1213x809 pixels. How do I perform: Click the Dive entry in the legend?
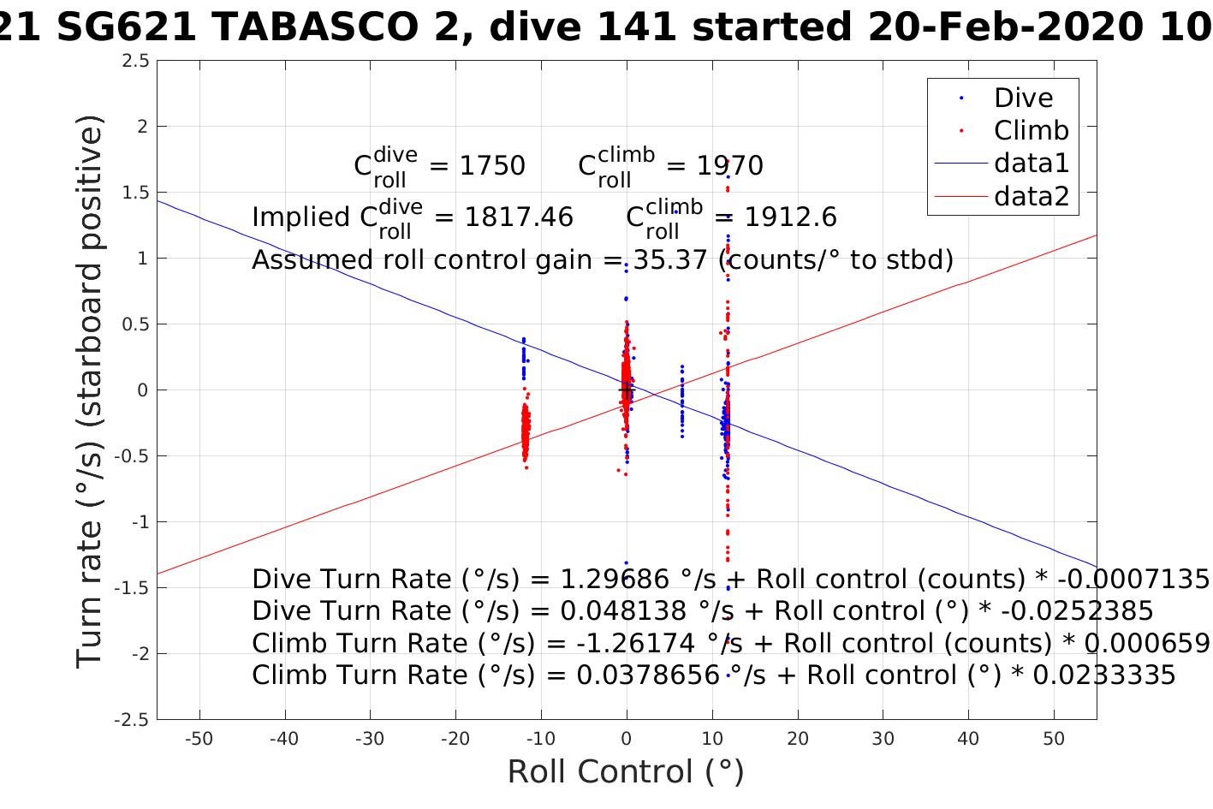point(1023,98)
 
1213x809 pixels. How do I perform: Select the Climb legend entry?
point(1031,131)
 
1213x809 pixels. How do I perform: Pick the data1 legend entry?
point(1031,164)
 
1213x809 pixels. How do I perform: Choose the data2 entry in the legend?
point(1031,197)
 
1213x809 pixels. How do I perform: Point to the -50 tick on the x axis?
point(199,739)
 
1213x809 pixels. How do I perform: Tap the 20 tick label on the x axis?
point(797,739)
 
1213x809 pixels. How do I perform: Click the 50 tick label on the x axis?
point(1054,739)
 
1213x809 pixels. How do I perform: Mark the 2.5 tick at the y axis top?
point(135,61)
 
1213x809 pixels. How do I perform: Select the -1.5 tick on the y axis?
point(133,588)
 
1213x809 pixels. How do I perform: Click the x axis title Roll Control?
point(626,772)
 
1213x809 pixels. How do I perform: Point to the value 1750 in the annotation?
point(492,166)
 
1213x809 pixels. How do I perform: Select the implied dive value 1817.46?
point(518,217)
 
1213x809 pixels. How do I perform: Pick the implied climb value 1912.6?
point(790,217)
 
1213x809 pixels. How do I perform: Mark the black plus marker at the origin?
point(626,390)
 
